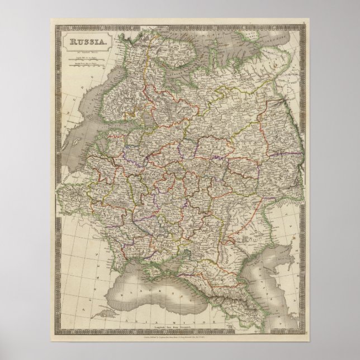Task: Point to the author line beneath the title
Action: click(84, 50)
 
